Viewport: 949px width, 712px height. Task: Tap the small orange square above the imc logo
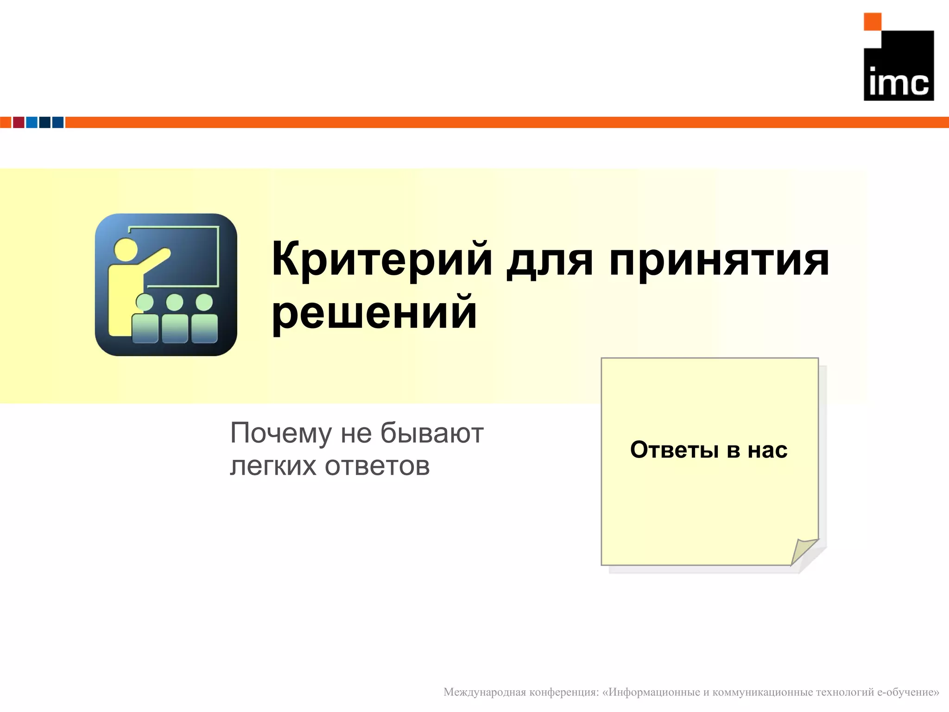[x=872, y=22]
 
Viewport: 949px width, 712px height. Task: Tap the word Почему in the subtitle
[x=281, y=434]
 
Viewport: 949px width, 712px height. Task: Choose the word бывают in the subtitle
[x=432, y=433]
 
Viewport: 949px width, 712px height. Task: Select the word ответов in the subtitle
[x=377, y=466]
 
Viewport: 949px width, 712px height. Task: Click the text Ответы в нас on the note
[x=709, y=450]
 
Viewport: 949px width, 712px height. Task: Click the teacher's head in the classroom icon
[x=126, y=249]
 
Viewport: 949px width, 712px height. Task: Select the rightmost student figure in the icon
[x=204, y=320]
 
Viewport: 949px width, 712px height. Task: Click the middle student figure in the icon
[x=175, y=320]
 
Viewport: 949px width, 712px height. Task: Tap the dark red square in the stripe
[x=19, y=122]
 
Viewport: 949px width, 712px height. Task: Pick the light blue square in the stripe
[x=32, y=122]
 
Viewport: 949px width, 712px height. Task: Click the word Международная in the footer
[x=484, y=692]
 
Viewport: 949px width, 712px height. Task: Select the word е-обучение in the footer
[x=908, y=692]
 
